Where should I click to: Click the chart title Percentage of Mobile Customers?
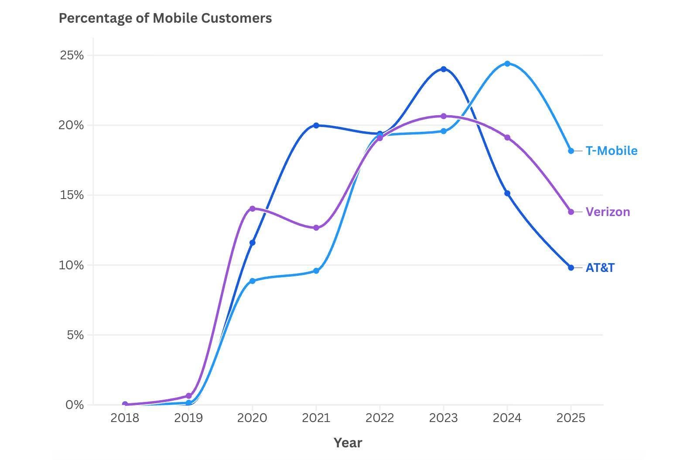click(x=165, y=18)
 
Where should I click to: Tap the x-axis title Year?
click(x=348, y=443)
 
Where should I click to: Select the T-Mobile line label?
click(x=611, y=151)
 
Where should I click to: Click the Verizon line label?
click(x=608, y=212)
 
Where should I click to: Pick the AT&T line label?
click(x=600, y=268)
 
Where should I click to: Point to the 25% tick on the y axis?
click(x=72, y=55)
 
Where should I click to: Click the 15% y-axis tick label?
click(x=72, y=195)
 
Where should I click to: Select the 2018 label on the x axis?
click(x=125, y=418)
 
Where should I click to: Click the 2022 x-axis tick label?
click(x=379, y=418)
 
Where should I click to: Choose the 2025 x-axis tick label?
click(x=571, y=418)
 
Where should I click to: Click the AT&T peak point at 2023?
click(x=444, y=69)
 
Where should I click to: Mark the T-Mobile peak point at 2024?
click(x=507, y=64)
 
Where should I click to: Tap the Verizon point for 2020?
click(x=252, y=209)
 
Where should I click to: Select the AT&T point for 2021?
click(x=316, y=125)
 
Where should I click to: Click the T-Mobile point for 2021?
click(x=316, y=271)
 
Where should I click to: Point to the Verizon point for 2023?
click(x=444, y=116)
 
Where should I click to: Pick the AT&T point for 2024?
click(x=507, y=193)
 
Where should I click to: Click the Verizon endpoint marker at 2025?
click(x=571, y=212)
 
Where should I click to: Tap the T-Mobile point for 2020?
click(x=252, y=281)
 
